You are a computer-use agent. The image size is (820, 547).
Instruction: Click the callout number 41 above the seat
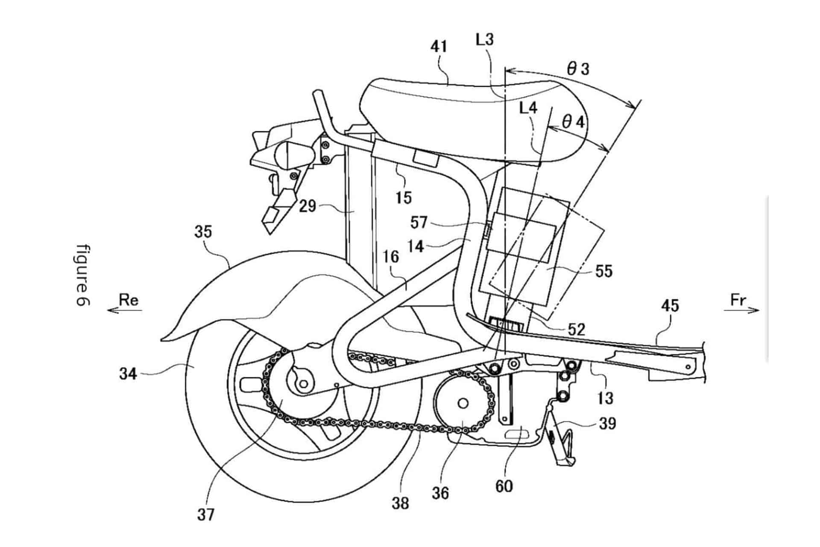[439, 46]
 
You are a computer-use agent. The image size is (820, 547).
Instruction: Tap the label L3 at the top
[485, 40]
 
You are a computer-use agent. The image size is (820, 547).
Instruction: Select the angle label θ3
[578, 69]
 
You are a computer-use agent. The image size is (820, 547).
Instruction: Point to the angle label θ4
[573, 123]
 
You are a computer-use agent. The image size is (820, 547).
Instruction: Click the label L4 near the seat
[528, 108]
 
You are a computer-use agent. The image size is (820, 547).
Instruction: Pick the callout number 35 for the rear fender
[203, 232]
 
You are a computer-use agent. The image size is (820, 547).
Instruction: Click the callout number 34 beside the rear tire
[128, 374]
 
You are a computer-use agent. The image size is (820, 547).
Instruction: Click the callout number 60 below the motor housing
[504, 486]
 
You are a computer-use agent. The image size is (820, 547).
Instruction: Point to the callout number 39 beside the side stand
[607, 423]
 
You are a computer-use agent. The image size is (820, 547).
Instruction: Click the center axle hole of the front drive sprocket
[462, 403]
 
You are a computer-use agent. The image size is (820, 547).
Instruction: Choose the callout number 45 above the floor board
[670, 306]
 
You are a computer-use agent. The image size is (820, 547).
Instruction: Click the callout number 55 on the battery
[603, 271]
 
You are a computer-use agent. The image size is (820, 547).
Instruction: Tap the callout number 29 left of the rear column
[307, 206]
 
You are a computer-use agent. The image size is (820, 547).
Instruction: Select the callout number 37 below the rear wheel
[205, 515]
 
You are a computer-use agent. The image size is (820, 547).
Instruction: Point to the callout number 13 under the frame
[606, 398]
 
